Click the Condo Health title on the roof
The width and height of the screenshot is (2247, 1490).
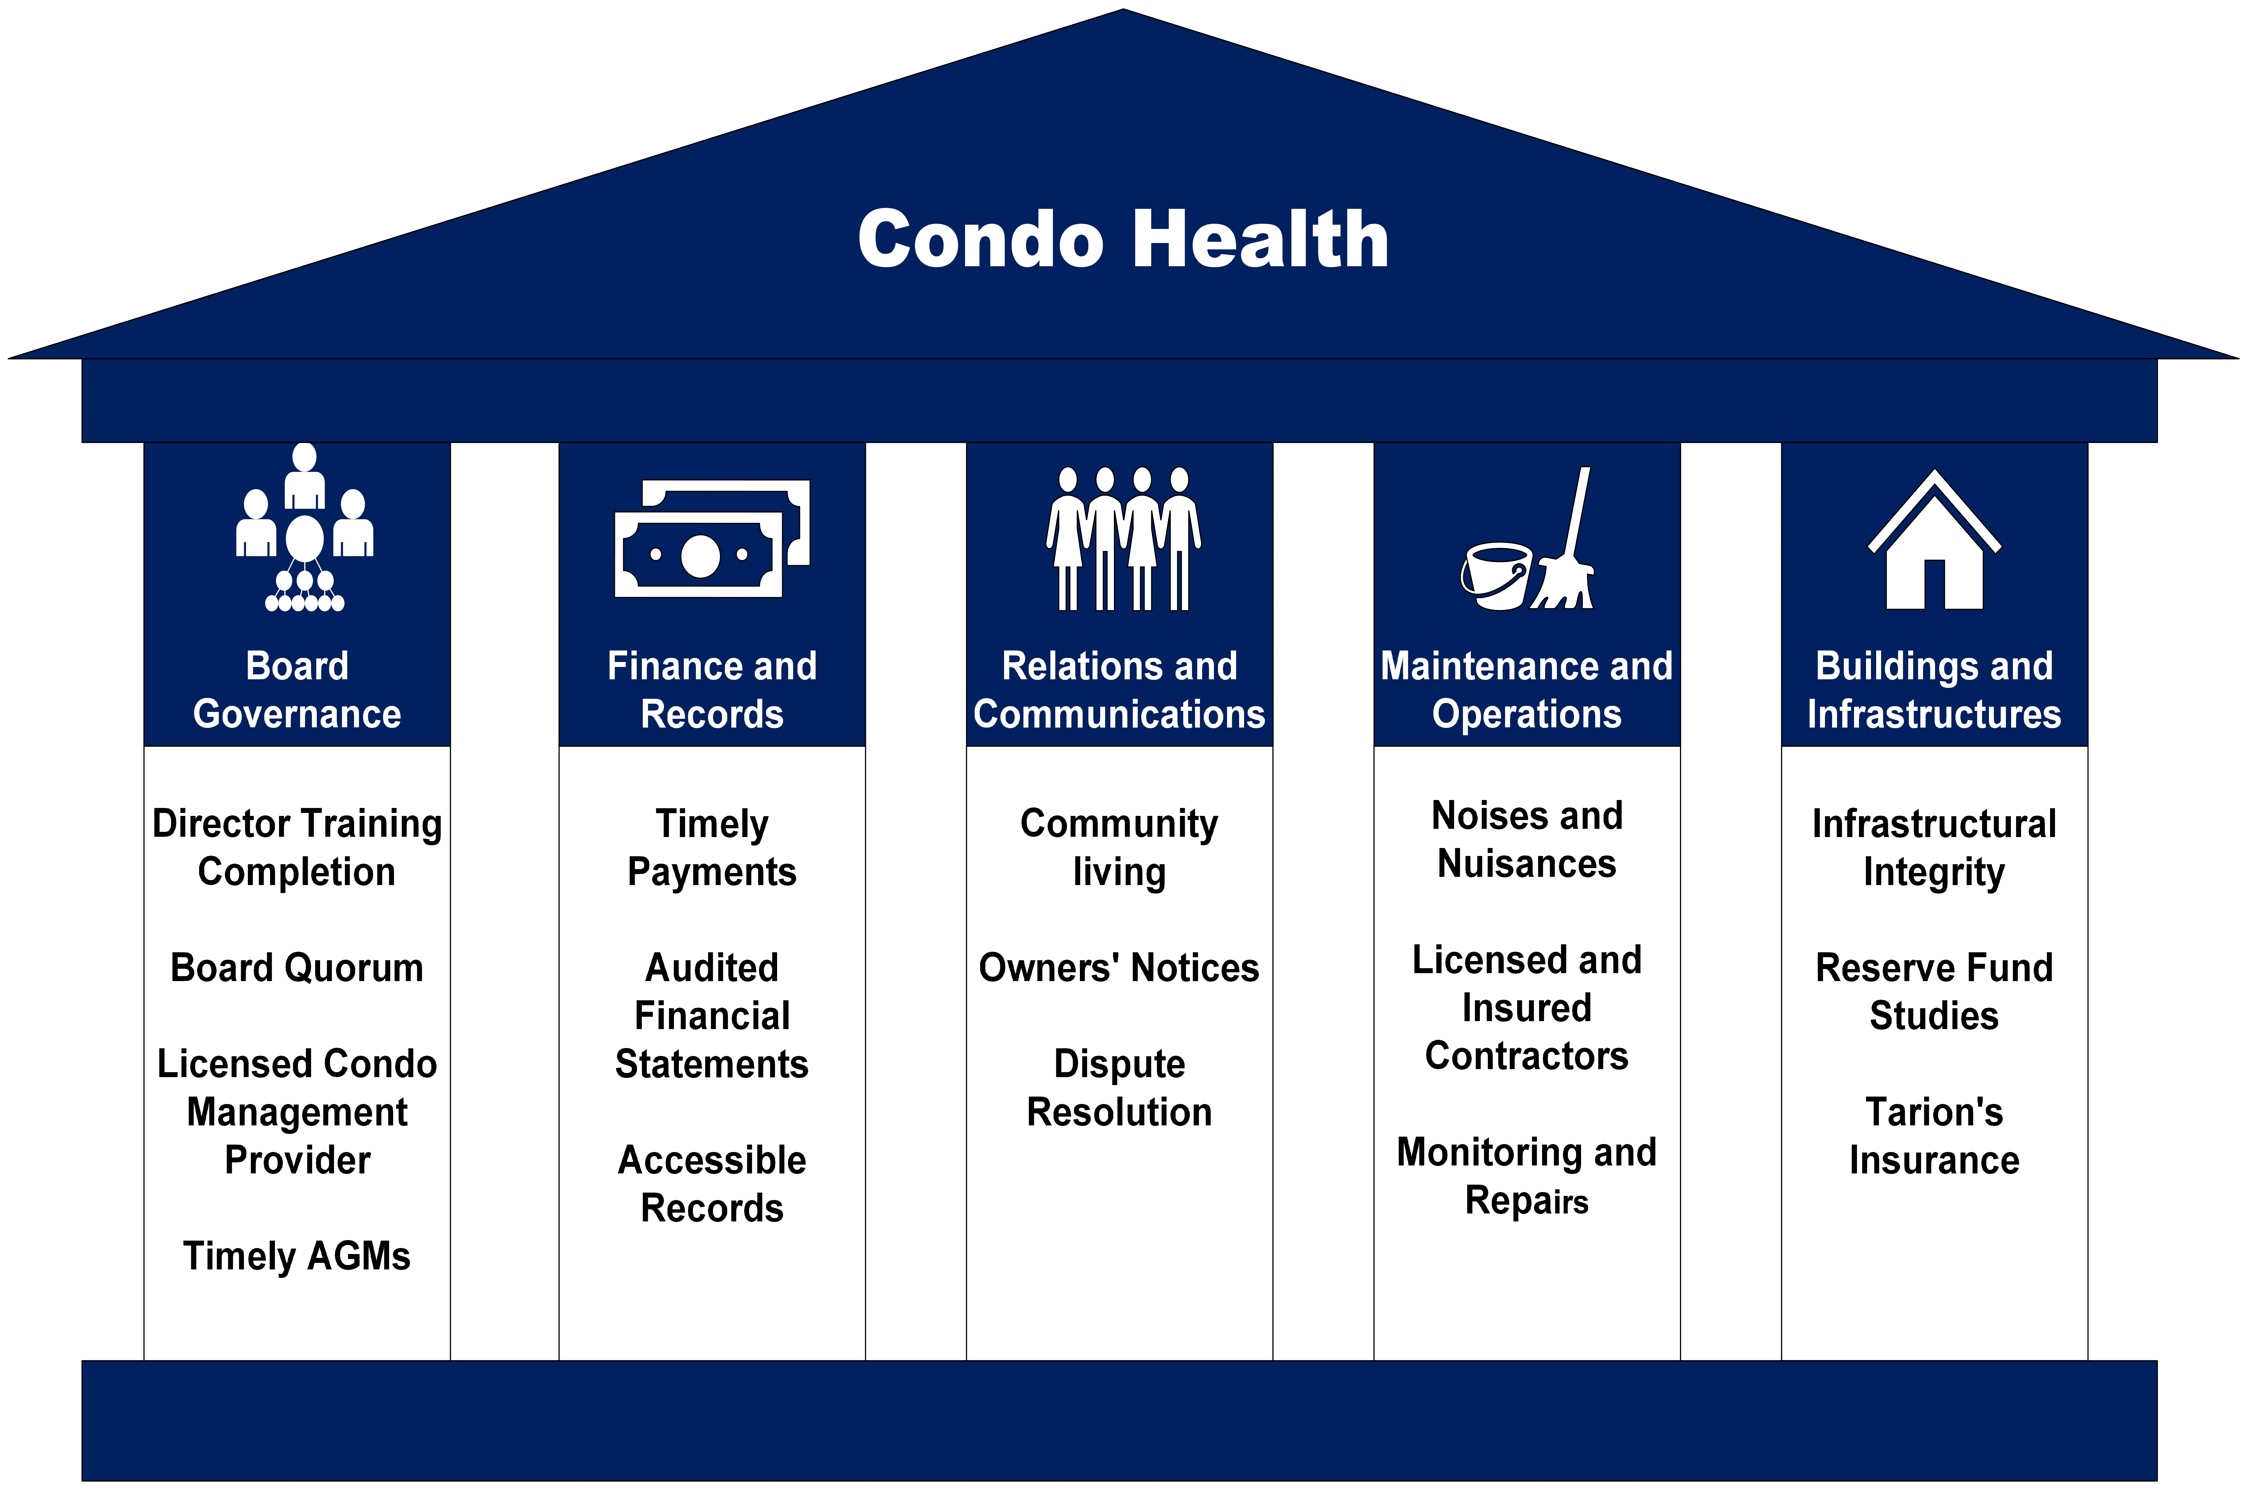[x=1123, y=240]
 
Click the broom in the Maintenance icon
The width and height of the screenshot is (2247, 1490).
[x=1568, y=547]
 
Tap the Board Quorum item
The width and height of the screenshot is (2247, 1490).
[x=297, y=967]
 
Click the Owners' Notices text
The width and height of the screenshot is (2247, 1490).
[x=1118, y=967]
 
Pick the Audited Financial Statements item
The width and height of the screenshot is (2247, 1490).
[x=712, y=1016]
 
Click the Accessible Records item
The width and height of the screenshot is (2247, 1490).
[x=712, y=1184]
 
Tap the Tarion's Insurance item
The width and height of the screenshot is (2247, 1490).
[x=1933, y=1136]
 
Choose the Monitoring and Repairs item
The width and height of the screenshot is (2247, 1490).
[x=1527, y=1176]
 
